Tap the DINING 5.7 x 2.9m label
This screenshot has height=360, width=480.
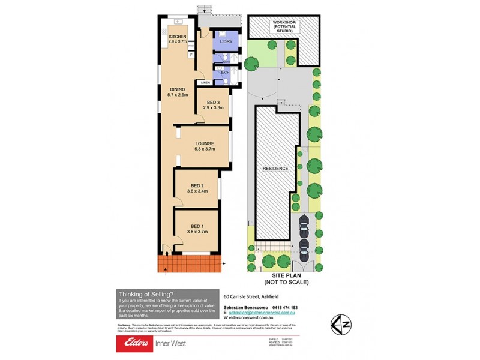point(178,92)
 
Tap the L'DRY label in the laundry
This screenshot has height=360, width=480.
point(226,41)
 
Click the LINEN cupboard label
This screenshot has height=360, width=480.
point(205,82)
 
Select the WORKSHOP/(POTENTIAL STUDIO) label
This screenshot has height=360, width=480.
point(284,26)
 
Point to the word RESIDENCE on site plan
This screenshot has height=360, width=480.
point(275,169)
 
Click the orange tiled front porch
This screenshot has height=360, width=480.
point(190,263)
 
